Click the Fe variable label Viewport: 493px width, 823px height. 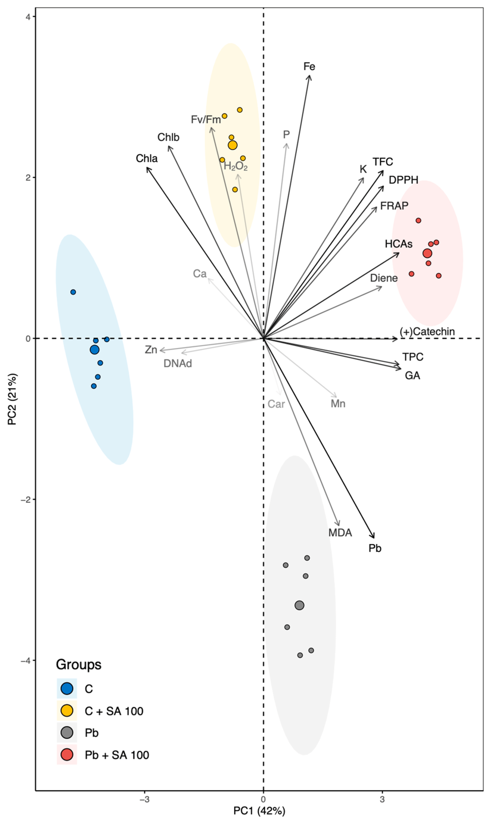tap(309, 67)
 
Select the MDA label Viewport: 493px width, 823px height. tap(340, 533)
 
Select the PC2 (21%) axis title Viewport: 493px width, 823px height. tap(12, 399)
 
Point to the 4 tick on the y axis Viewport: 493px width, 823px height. tap(28, 17)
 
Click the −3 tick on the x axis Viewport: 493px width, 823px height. tap(144, 799)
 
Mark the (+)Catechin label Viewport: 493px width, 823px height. tap(427, 331)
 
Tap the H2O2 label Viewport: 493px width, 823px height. tap(236, 166)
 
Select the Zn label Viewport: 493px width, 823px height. tap(151, 350)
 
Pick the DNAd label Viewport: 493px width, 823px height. tap(177, 364)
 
